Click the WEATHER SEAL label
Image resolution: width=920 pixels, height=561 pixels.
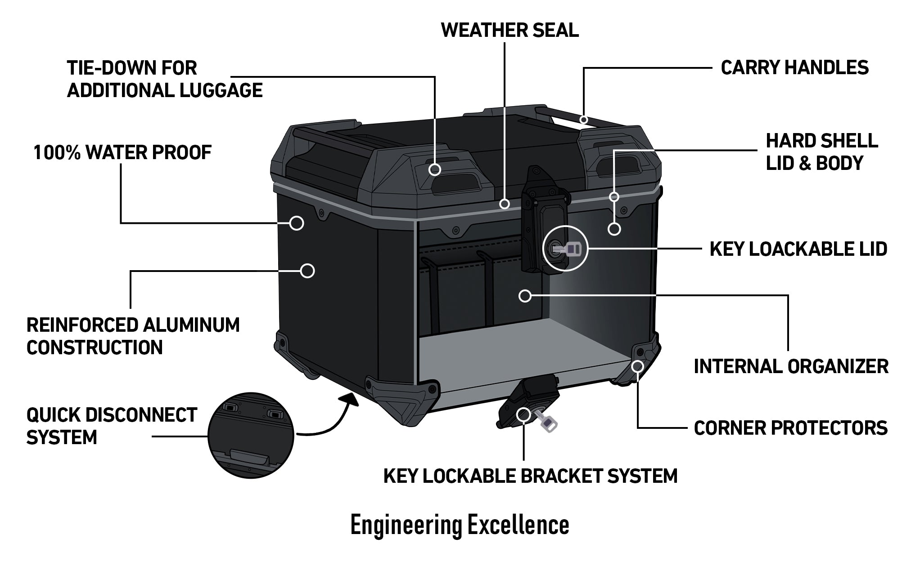pyautogui.click(x=510, y=30)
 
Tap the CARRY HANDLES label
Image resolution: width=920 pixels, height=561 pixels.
pyautogui.click(x=794, y=67)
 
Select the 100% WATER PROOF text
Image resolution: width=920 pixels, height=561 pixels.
pyautogui.click(x=122, y=153)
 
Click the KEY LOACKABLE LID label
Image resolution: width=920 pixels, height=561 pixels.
pyautogui.click(x=798, y=249)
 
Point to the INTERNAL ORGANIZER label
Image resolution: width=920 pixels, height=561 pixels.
pyautogui.click(x=791, y=366)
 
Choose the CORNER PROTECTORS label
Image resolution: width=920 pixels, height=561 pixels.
pyautogui.click(x=790, y=428)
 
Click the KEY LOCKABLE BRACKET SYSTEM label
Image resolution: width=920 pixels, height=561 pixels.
pyautogui.click(x=530, y=476)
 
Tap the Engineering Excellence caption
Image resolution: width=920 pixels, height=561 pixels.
pyautogui.click(x=460, y=525)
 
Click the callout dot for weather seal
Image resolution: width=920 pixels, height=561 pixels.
pyautogui.click(x=505, y=204)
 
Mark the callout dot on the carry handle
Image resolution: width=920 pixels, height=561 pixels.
pyautogui.click(x=584, y=120)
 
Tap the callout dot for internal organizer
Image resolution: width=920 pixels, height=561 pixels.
pyautogui.click(x=524, y=296)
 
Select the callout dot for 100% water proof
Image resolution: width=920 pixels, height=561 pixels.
pyautogui.click(x=296, y=223)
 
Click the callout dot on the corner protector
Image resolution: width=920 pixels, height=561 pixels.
pyautogui.click(x=637, y=366)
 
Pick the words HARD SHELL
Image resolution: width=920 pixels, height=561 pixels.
pyautogui.click(x=821, y=141)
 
